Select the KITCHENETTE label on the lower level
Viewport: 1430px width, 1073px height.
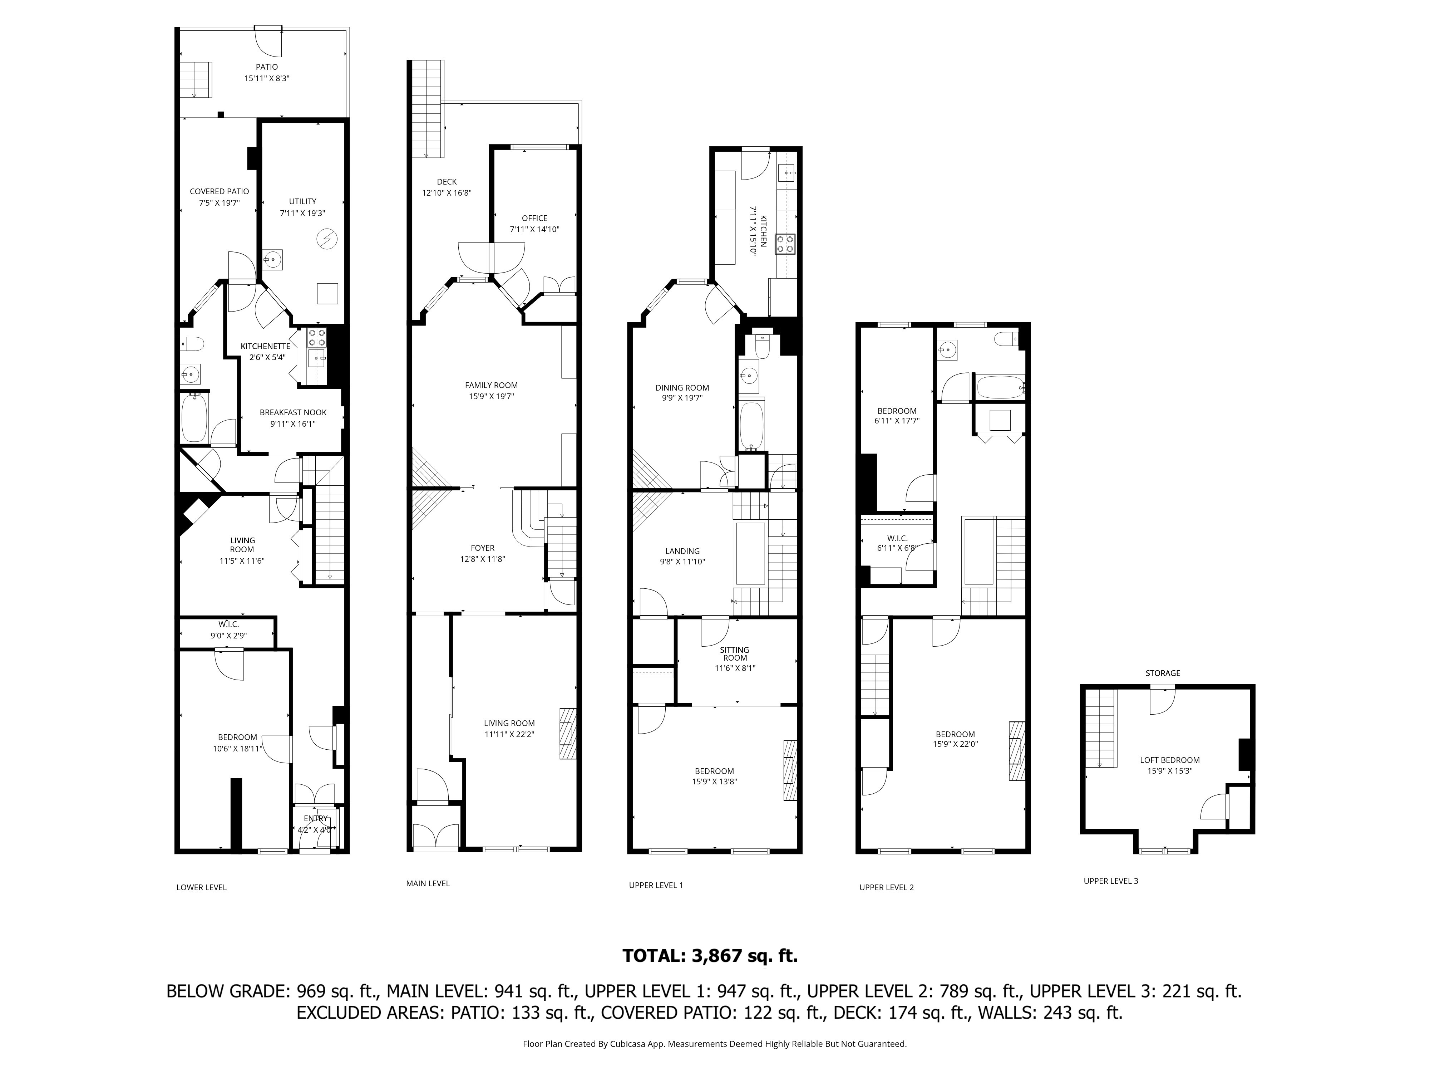point(265,347)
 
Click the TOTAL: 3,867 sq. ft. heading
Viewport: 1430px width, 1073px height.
point(710,955)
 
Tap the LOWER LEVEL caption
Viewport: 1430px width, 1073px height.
point(202,887)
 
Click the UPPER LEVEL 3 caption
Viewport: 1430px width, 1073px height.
point(1111,881)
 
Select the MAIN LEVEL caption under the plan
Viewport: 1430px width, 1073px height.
point(428,883)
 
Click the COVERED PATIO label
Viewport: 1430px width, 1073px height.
point(219,191)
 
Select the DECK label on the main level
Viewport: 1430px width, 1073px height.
point(447,182)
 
